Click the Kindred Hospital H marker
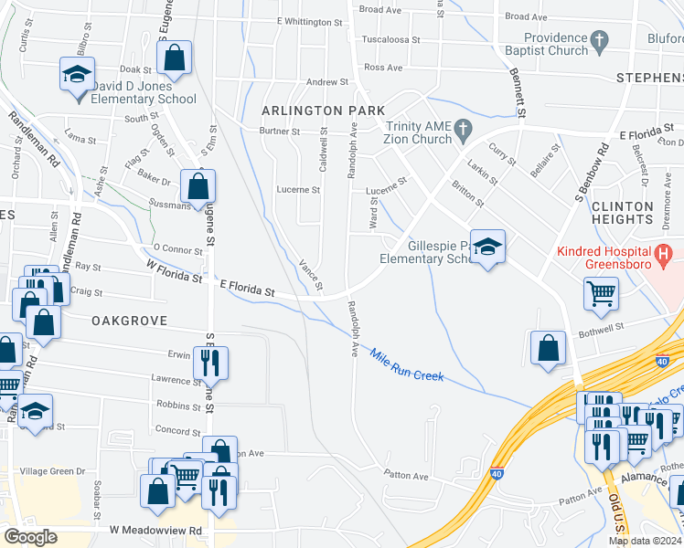(x=665, y=252)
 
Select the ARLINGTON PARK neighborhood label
(x=310, y=111)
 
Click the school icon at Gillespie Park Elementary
(x=488, y=247)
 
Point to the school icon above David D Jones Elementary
(x=78, y=73)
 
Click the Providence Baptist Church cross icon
(x=600, y=40)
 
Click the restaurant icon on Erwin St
(x=211, y=363)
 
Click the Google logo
(x=30, y=537)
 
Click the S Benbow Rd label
(x=591, y=174)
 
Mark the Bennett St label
(x=516, y=96)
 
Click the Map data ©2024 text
(x=645, y=541)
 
